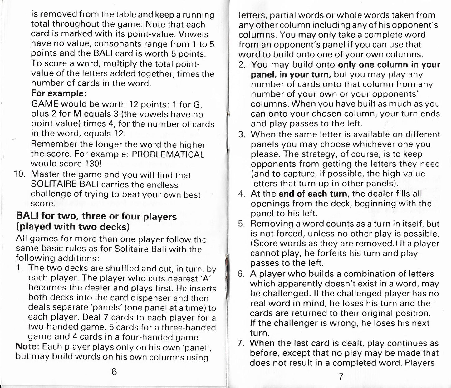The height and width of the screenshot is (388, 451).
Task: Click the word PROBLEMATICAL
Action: coord(168,154)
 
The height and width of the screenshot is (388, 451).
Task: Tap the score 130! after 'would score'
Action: coord(93,164)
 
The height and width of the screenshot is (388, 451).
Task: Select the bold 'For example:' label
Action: coord(58,93)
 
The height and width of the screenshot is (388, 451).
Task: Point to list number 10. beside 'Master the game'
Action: coord(20,174)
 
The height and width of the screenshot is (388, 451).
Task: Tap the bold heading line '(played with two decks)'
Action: coord(73,227)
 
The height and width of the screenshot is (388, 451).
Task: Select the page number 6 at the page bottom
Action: coord(114,371)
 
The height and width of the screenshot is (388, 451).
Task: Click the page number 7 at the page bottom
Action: coord(341,376)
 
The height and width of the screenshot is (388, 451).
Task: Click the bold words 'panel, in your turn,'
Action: coord(292,75)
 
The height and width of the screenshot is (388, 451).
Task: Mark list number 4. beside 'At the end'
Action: coord(242,194)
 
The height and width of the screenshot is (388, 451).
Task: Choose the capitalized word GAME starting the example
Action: coord(44,104)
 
